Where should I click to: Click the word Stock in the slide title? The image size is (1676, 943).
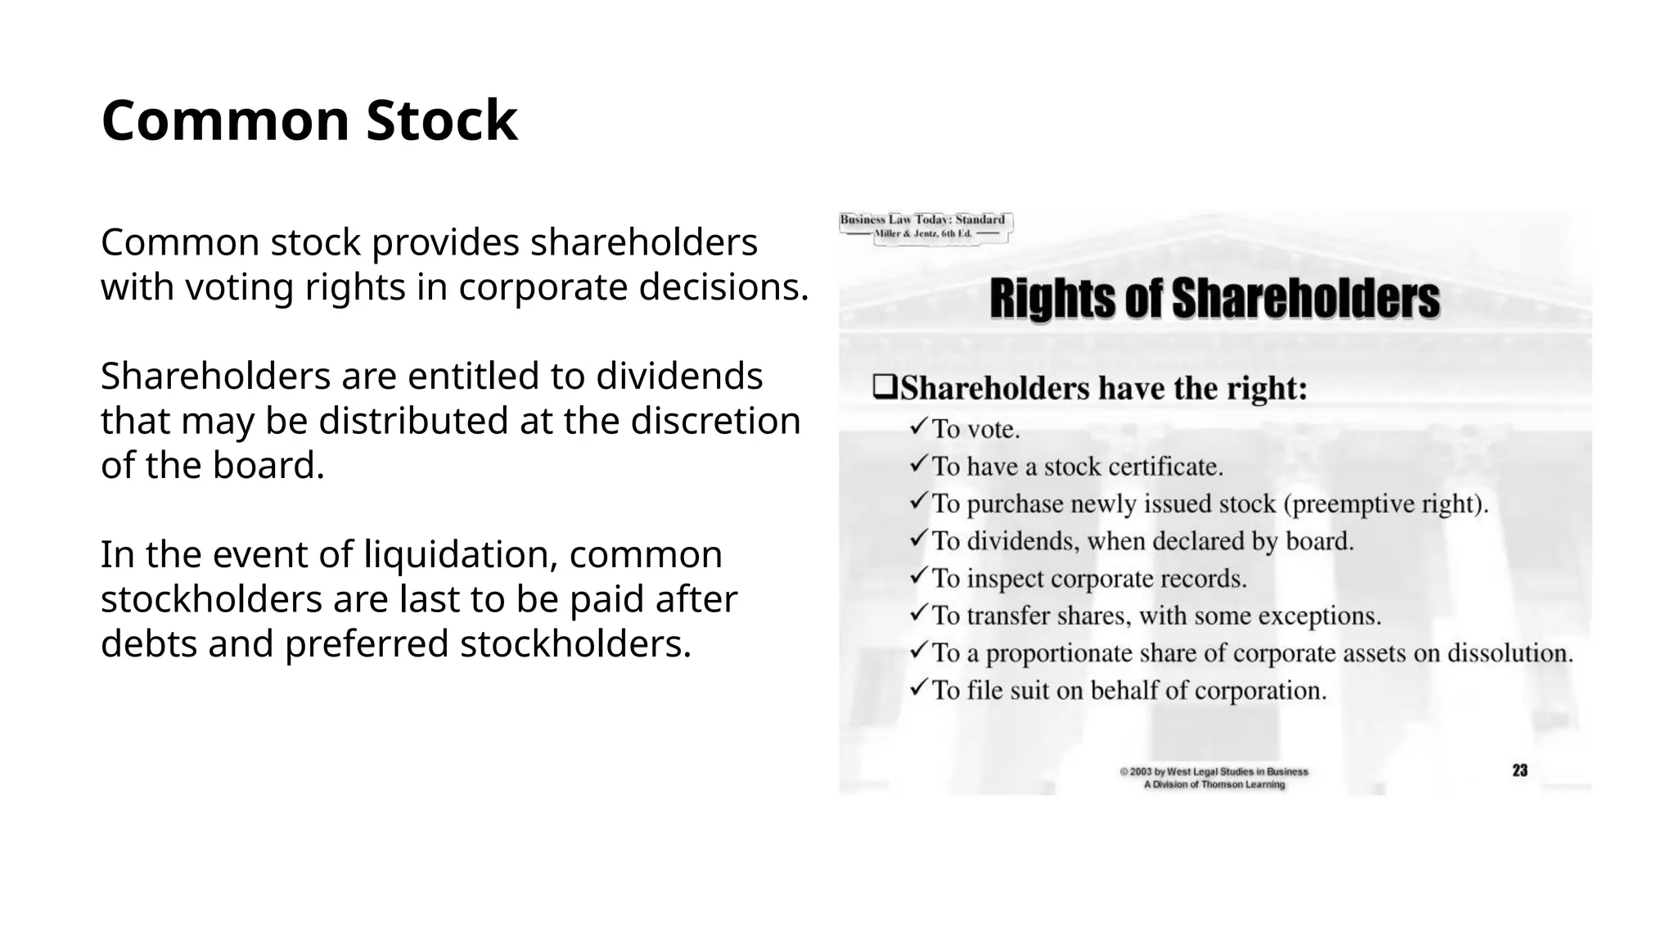(x=442, y=121)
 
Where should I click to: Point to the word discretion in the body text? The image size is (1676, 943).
(x=715, y=421)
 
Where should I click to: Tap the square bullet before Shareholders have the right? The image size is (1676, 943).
(x=884, y=387)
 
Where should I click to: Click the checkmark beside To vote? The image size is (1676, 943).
(x=918, y=426)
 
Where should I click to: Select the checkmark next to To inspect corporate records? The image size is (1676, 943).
(x=918, y=576)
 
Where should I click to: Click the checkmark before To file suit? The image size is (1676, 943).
(x=918, y=688)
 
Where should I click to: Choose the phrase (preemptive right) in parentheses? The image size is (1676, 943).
(x=1385, y=503)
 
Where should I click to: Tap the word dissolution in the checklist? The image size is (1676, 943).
(x=1510, y=653)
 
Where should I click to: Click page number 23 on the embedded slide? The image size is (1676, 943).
(x=1520, y=770)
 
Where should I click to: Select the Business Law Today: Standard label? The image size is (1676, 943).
(x=922, y=219)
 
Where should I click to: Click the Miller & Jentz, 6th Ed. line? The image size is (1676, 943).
(x=923, y=234)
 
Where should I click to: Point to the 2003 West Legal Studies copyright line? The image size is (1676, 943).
(x=1214, y=771)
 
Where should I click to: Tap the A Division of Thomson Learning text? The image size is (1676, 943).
(x=1214, y=784)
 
